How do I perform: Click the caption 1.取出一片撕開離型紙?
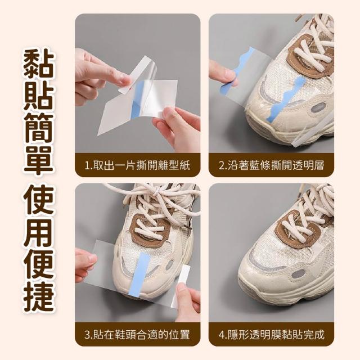(x=137, y=165)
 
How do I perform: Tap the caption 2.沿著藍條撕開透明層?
(x=271, y=165)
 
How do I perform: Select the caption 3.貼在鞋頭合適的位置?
(x=137, y=335)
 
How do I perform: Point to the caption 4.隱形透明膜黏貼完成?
(x=271, y=335)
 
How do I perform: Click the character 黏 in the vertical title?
(x=39, y=64)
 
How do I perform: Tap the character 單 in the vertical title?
(x=39, y=159)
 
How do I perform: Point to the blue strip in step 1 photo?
(x=138, y=101)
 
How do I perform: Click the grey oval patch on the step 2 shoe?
(x=318, y=107)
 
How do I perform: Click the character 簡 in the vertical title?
(x=39, y=128)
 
